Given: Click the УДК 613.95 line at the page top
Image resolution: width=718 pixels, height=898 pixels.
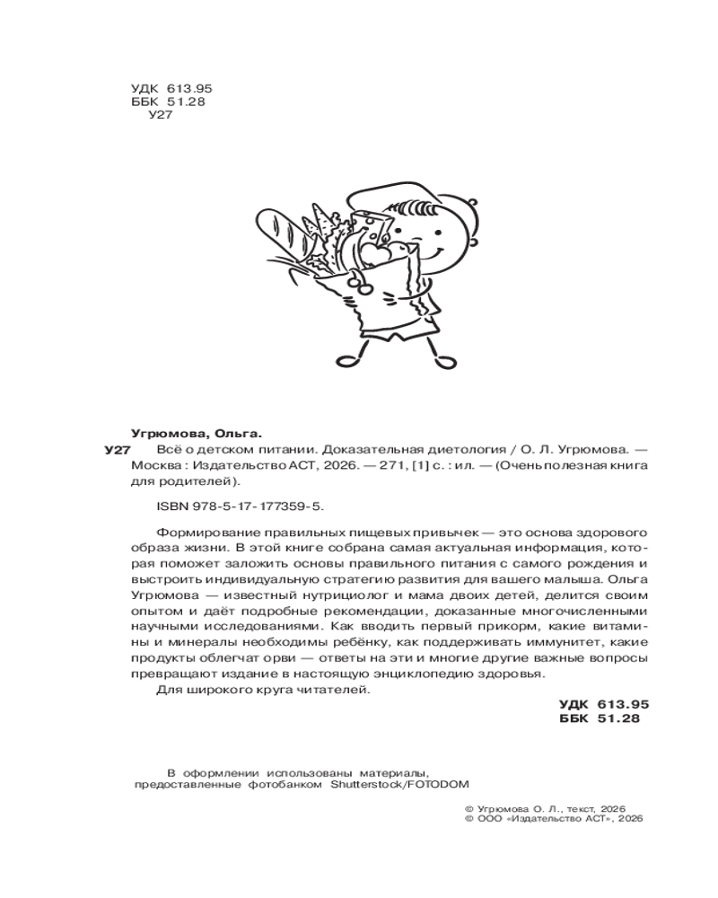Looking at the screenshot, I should pos(170,88).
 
